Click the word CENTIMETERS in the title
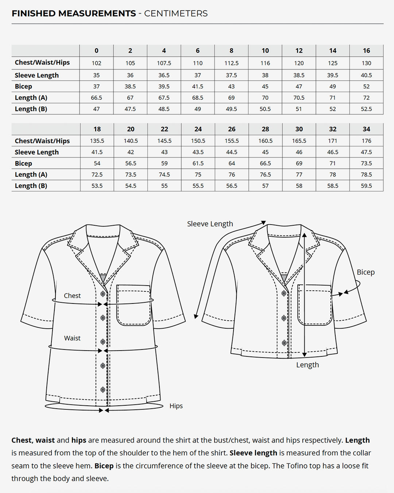pyautogui.click(x=176, y=14)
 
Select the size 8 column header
pyautogui.click(x=231, y=51)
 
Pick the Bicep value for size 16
pyautogui.click(x=366, y=87)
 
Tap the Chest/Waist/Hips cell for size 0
pyautogui.click(x=96, y=63)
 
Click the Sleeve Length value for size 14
pyautogui.click(x=332, y=75)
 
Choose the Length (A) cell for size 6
pyautogui.click(x=197, y=98)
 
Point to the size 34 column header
pyautogui.click(x=366, y=129)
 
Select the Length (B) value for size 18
pyautogui.click(x=97, y=186)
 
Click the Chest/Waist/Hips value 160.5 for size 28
pyautogui.click(x=265, y=141)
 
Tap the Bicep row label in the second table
pyautogui.click(x=23, y=164)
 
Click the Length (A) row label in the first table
pyautogui.click(x=31, y=98)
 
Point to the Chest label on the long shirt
pyautogui.click(x=72, y=296)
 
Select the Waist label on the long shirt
pyautogui.click(x=72, y=338)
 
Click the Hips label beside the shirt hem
pyautogui.click(x=176, y=406)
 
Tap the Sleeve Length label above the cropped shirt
pyautogui.click(x=210, y=224)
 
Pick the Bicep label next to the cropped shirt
pyautogui.click(x=366, y=272)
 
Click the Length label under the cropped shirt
pyautogui.click(x=307, y=365)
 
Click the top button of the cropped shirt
pyautogui.click(x=284, y=293)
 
